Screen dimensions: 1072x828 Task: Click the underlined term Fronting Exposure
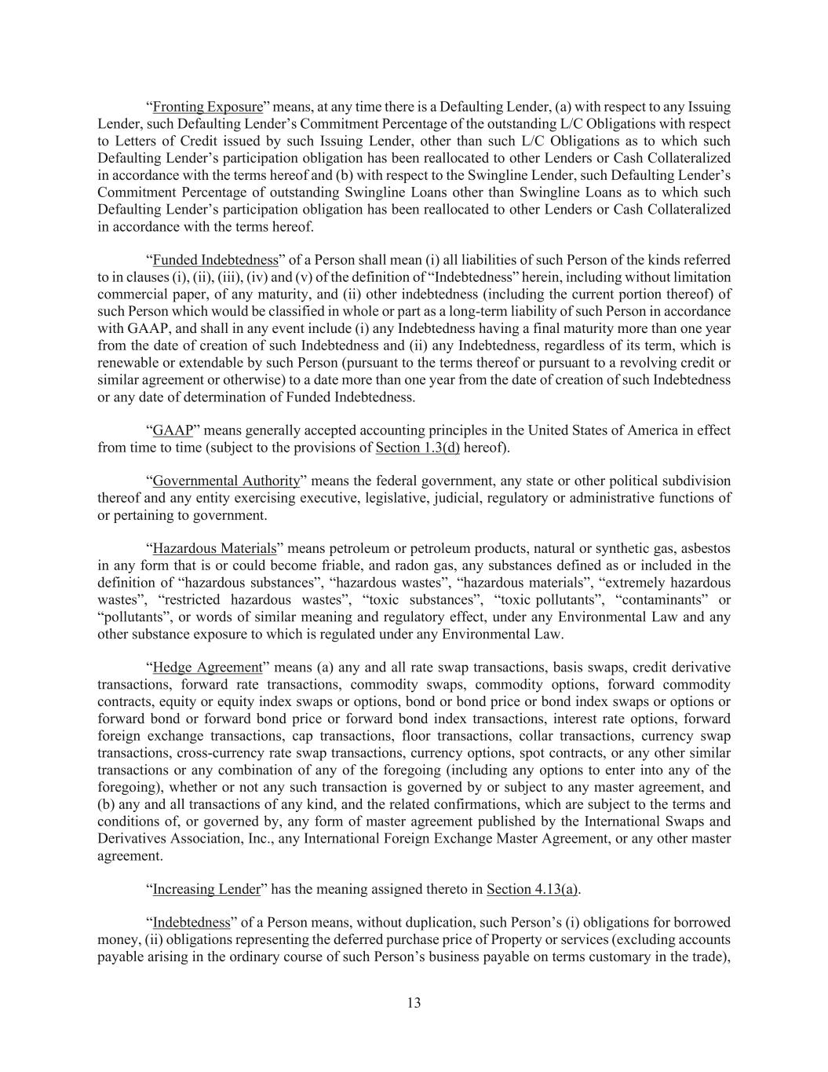207,107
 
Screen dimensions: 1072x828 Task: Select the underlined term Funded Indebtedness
215,260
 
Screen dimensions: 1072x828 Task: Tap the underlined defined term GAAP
173,430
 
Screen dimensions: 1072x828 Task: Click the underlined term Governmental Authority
226,481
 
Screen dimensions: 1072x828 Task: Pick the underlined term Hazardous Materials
214,549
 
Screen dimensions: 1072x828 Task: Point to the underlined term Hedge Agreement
207,668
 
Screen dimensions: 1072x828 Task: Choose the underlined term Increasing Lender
206,889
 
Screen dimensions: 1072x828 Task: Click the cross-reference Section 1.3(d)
418,448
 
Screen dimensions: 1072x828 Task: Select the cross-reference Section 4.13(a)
532,889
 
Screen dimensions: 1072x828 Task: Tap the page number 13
414,1003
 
